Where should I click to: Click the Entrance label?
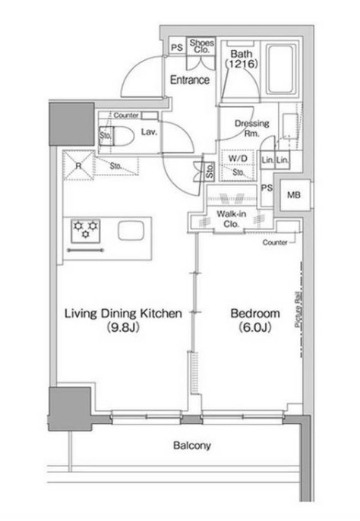pyautogui.click(x=189, y=80)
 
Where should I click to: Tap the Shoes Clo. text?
pyautogui.click(x=201, y=46)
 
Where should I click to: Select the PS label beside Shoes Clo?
pyautogui.click(x=176, y=46)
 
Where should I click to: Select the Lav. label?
pyautogui.click(x=149, y=131)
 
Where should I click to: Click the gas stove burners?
pyautogui.click(x=85, y=228)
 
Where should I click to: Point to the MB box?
pyautogui.click(x=293, y=195)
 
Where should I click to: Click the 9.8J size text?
pyautogui.click(x=122, y=329)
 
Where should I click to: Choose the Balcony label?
pyautogui.click(x=191, y=446)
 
